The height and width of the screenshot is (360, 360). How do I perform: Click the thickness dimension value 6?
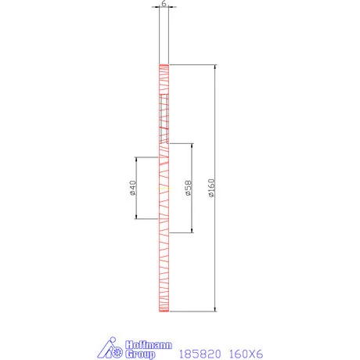point(164,4)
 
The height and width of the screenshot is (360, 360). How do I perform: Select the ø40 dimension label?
point(133,189)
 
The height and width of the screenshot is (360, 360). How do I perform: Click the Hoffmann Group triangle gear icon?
point(109,350)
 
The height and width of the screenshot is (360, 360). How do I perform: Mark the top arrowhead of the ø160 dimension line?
point(214,67)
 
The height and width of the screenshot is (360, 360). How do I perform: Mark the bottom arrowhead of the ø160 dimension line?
point(214,308)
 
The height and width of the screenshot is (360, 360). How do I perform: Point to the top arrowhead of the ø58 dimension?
point(191,146)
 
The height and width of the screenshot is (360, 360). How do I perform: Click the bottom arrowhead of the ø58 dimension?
point(191,230)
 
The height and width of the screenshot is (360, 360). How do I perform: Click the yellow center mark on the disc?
point(164,189)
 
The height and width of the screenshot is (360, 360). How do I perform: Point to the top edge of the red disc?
point(164,65)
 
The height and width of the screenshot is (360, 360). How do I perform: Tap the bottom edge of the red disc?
point(164,311)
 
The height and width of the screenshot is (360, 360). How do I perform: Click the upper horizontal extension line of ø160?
point(193,64)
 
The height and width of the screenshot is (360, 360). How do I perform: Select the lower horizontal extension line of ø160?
point(193,311)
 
